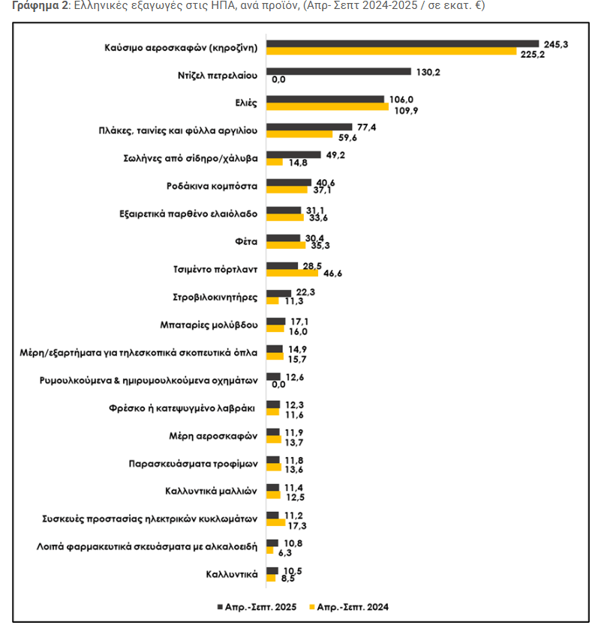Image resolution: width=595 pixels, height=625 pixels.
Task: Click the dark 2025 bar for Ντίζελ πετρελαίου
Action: (338, 72)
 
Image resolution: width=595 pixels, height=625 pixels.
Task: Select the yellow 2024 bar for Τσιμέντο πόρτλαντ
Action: (292, 273)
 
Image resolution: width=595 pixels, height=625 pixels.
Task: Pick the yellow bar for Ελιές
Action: (327, 106)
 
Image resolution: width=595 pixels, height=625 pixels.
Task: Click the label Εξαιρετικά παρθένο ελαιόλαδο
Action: (189, 214)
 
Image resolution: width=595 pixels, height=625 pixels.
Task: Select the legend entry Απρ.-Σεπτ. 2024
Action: (351, 606)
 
